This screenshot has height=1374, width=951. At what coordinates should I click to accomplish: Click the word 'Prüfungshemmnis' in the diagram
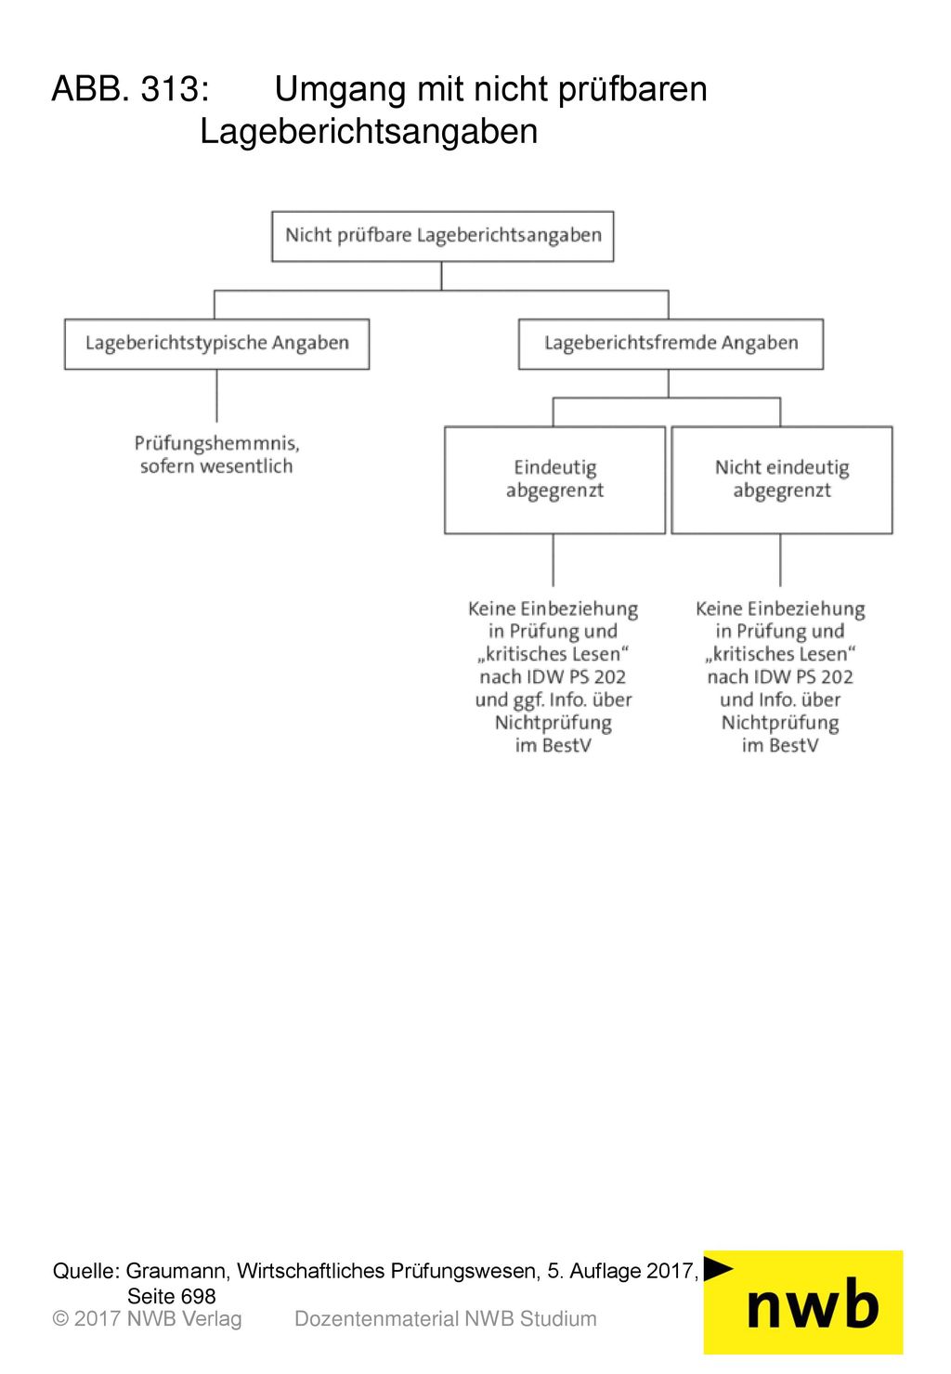click(216, 443)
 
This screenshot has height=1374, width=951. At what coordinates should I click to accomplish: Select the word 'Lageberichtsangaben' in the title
click(369, 132)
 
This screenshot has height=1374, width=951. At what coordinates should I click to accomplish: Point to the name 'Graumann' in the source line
click(177, 1271)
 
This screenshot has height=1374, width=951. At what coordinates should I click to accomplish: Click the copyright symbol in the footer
click(60, 1319)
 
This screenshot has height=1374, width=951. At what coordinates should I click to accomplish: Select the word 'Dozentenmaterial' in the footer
click(376, 1319)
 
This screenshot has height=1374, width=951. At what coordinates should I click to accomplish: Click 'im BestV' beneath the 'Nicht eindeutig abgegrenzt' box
click(780, 745)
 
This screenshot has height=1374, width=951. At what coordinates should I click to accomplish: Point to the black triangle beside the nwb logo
click(717, 1268)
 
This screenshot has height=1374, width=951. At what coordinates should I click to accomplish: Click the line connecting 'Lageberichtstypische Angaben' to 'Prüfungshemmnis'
click(216, 396)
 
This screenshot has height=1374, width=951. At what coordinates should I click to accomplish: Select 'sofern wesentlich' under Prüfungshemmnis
click(216, 466)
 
